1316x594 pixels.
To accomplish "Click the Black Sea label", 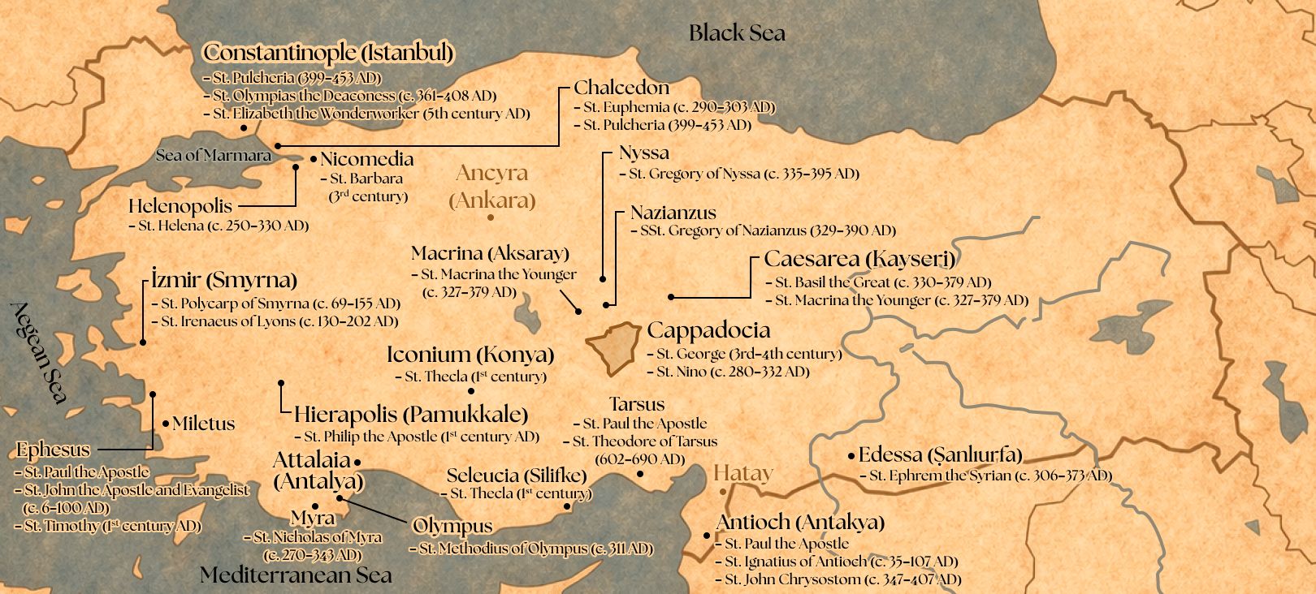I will point(737,33).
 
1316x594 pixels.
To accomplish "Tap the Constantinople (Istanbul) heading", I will point(327,53).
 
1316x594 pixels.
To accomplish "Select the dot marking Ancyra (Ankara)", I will point(491,217).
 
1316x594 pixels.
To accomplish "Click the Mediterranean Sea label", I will point(296,575).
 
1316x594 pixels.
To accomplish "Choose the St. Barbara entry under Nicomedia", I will point(366,179).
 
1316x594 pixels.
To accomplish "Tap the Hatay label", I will point(743,473).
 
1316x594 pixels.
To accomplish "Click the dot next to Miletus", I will point(166,424).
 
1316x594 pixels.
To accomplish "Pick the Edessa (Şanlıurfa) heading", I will point(940,454).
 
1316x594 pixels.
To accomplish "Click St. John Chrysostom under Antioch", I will point(842,579).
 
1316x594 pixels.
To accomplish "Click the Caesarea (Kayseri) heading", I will point(859,260).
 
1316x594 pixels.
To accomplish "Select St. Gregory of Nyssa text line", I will point(743,174).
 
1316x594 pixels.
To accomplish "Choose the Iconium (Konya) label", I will point(470,355).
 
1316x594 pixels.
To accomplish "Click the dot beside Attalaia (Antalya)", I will point(357,461).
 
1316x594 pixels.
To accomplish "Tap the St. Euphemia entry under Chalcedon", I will point(678,107).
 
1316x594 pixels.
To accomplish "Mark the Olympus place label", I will point(452,526).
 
